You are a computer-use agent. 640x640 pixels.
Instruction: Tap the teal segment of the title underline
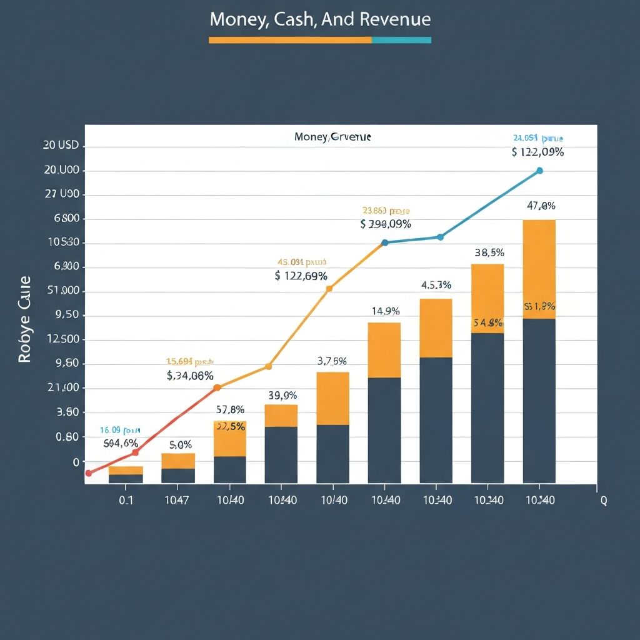[401, 40]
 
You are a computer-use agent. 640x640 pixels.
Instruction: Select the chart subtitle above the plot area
[332, 137]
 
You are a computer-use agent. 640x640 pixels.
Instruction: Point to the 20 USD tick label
[61, 146]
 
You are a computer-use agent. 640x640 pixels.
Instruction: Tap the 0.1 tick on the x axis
[126, 501]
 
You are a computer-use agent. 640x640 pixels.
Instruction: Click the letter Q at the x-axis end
[603, 501]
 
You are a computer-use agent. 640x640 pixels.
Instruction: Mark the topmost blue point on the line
[539, 171]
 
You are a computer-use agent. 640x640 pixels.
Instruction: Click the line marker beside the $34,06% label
[217, 387]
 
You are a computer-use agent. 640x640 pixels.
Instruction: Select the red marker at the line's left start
[88, 473]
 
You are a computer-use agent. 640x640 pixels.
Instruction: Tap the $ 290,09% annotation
[386, 224]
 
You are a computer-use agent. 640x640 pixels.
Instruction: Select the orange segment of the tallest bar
[539, 269]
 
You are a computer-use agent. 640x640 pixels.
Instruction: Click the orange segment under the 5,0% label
[178, 461]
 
